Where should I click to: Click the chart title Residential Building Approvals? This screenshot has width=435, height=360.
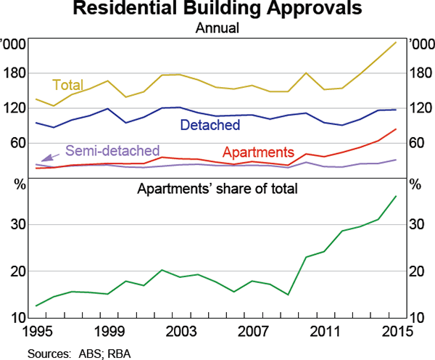pos(217,10)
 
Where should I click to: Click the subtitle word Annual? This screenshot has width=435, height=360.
pos(217,29)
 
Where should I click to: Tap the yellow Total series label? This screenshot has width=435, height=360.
pos(68,84)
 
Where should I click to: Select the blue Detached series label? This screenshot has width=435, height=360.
pos(210,125)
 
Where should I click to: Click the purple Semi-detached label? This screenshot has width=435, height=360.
pos(112,151)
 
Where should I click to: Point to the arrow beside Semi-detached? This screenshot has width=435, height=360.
pos(51,155)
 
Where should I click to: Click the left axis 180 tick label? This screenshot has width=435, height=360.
pos(17,73)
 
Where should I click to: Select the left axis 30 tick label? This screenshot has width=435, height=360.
pos(20,225)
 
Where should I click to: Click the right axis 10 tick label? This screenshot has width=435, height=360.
pos(416,318)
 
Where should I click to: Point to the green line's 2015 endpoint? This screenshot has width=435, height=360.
pos(395,196)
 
